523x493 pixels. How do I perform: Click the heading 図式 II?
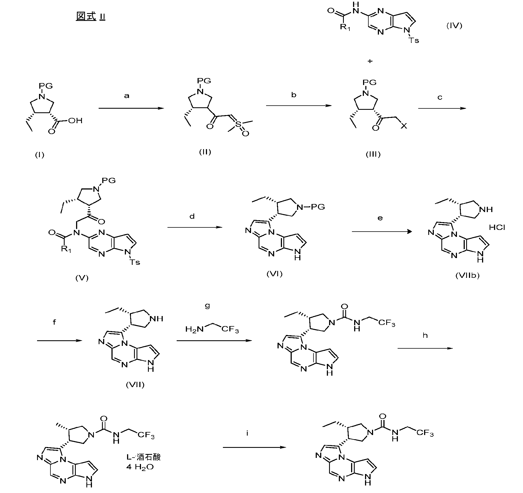[91, 17]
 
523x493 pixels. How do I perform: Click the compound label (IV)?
[454, 26]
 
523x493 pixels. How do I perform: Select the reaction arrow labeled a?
[131, 108]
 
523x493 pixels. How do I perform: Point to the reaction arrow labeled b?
[299, 106]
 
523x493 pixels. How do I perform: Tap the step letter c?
[440, 98]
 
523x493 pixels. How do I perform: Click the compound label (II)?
[205, 152]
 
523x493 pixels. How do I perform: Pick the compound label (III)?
[373, 154]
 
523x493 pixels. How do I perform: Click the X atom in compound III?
[403, 126]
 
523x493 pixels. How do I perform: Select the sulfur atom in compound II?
[239, 125]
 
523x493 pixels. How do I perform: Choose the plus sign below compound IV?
[370, 61]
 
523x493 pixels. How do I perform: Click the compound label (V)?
[82, 278]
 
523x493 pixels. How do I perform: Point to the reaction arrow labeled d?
[195, 227]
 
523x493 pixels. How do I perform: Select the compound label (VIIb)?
[467, 276]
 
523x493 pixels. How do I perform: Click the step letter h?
[425, 336]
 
